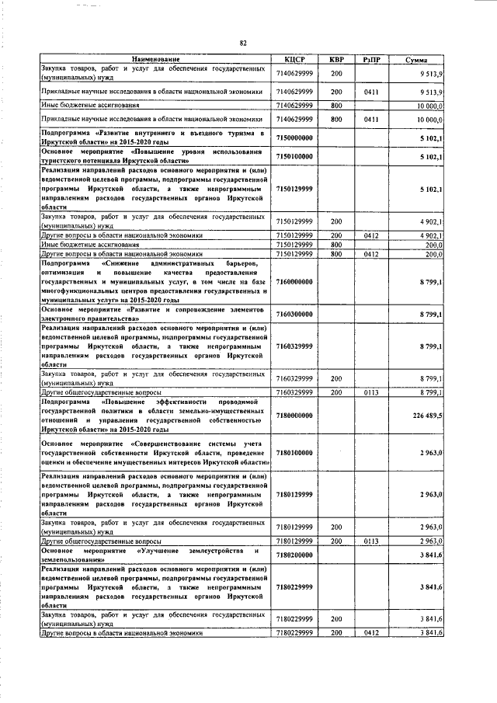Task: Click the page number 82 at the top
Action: (243, 44)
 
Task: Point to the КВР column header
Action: (336, 60)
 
